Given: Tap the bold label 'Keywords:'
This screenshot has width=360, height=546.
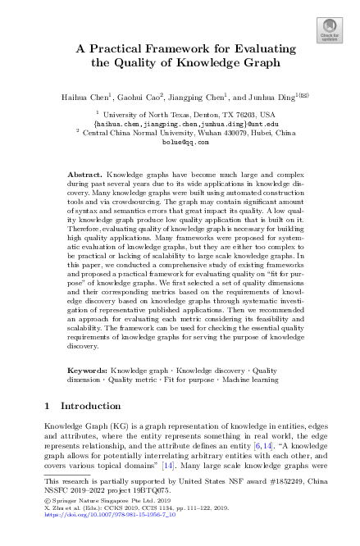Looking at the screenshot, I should [x=87, y=371].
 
